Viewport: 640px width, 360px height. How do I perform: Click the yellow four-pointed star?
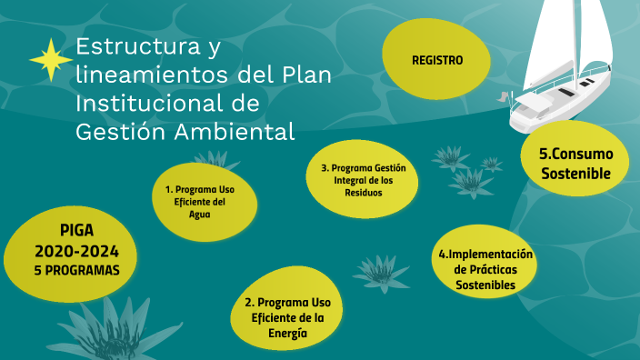click(x=51, y=61)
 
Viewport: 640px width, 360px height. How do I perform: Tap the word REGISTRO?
click(x=437, y=60)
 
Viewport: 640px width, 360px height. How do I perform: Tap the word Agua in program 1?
click(x=200, y=215)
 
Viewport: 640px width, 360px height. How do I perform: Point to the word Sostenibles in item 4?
click(x=485, y=285)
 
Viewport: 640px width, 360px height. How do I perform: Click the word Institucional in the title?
click(x=145, y=103)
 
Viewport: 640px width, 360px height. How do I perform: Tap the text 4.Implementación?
click(x=485, y=255)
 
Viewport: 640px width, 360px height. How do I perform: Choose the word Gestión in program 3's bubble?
click(x=390, y=168)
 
